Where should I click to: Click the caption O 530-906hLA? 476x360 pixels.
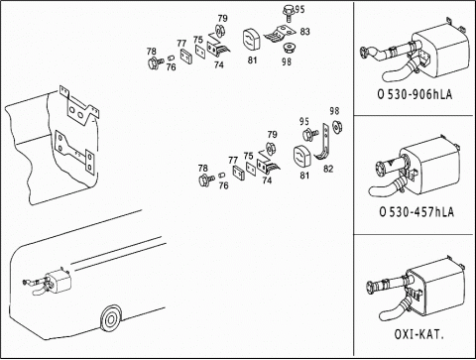pos(415,94)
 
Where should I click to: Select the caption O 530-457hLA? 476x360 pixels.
pos(416,211)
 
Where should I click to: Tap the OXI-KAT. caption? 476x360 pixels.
pos(418,334)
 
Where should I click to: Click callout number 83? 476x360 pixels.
pos(304,32)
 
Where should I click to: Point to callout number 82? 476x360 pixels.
pos(328,169)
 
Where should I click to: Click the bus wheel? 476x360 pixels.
pos(110,319)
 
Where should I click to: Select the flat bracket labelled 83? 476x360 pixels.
pos(280,34)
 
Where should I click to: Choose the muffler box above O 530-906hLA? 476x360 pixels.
pos(441,47)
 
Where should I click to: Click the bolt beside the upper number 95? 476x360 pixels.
pos(289,13)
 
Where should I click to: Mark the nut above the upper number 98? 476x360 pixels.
pos(290,49)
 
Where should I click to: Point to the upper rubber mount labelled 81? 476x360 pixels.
pos(252,41)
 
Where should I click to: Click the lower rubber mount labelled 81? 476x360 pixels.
pos(302,158)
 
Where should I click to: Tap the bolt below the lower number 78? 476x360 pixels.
pos(206,180)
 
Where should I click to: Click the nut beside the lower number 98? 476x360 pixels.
pos(337,127)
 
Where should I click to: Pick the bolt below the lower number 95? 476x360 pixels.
pos(310,135)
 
